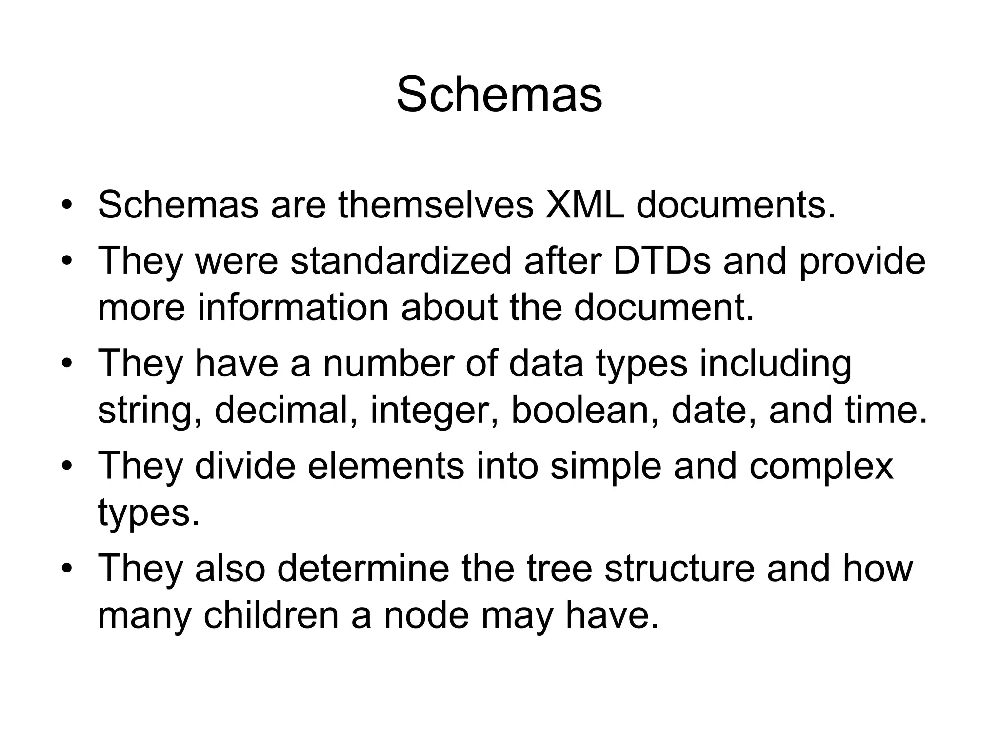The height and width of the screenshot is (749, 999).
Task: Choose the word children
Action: (x=271, y=615)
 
